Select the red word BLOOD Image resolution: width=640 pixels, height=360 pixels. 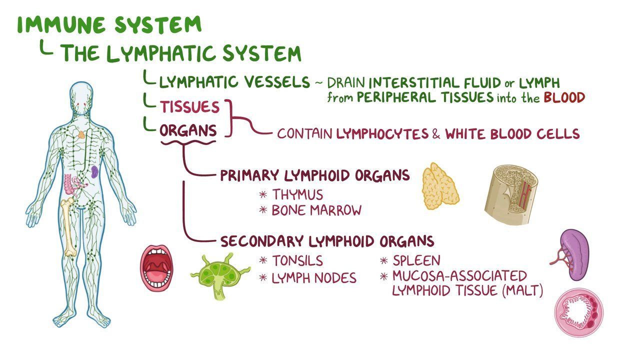[x=564, y=97]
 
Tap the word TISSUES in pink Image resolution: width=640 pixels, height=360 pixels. [x=189, y=107]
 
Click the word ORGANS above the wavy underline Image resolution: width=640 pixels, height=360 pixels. [x=188, y=131]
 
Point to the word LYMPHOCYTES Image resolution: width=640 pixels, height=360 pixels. [x=382, y=133]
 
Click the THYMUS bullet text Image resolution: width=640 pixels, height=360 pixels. [x=297, y=194]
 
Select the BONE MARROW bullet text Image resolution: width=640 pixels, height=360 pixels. [x=316, y=210]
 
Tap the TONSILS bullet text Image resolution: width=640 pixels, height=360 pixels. [x=297, y=261]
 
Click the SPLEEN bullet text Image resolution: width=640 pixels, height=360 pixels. [x=416, y=260]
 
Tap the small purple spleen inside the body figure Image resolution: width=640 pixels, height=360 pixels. [x=94, y=172]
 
